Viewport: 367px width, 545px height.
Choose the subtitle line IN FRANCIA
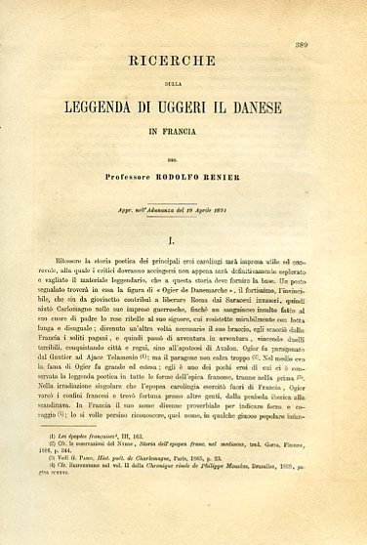click(183, 126)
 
